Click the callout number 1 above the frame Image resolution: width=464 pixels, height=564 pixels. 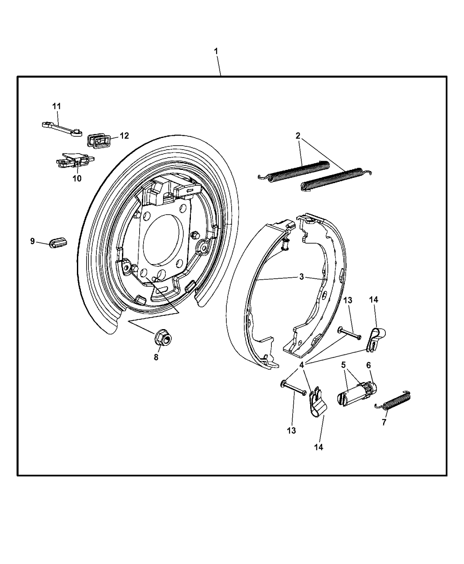[x=216, y=51]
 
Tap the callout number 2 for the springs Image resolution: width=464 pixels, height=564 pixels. [x=298, y=136]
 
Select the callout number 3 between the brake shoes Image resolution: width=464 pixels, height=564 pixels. [x=301, y=276]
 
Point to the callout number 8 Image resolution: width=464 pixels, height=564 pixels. [x=156, y=357]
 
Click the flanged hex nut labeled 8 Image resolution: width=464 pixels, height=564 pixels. [x=164, y=338]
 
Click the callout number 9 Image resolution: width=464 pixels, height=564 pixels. [x=33, y=241]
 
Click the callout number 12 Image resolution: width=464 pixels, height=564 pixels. [x=124, y=135]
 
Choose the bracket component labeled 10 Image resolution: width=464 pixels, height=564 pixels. [x=75, y=161]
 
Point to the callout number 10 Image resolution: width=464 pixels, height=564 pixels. [x=77, y=178]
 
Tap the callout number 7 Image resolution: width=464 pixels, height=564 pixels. [x=384, y=422]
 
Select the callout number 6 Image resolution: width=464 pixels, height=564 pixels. [x=369, y=365]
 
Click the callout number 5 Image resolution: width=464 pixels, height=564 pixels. [x=343, y=365]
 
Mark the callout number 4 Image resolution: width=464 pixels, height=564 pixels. [x=301, y=365]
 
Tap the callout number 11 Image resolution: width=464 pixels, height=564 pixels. [x=57, y=106]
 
